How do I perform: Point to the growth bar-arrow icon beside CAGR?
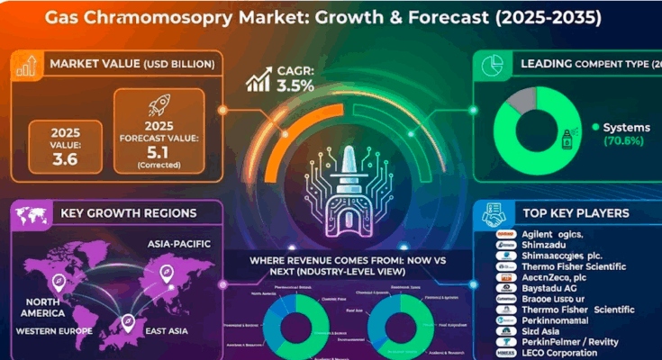pos(258,80)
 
